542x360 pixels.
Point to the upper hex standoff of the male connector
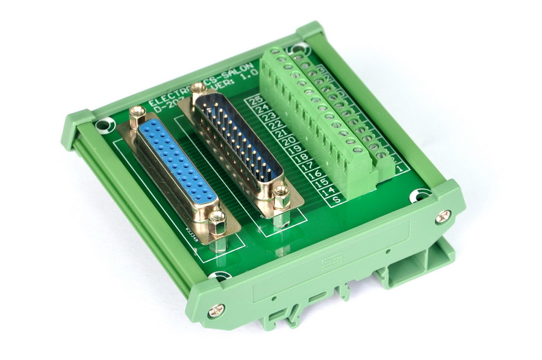click(x=199, y=90)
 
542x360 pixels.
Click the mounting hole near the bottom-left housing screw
click(x=219, y=278)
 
